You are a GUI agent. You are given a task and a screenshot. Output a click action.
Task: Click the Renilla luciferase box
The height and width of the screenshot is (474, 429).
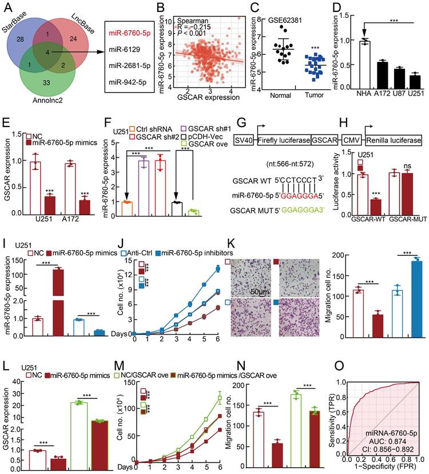[394, 139]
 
